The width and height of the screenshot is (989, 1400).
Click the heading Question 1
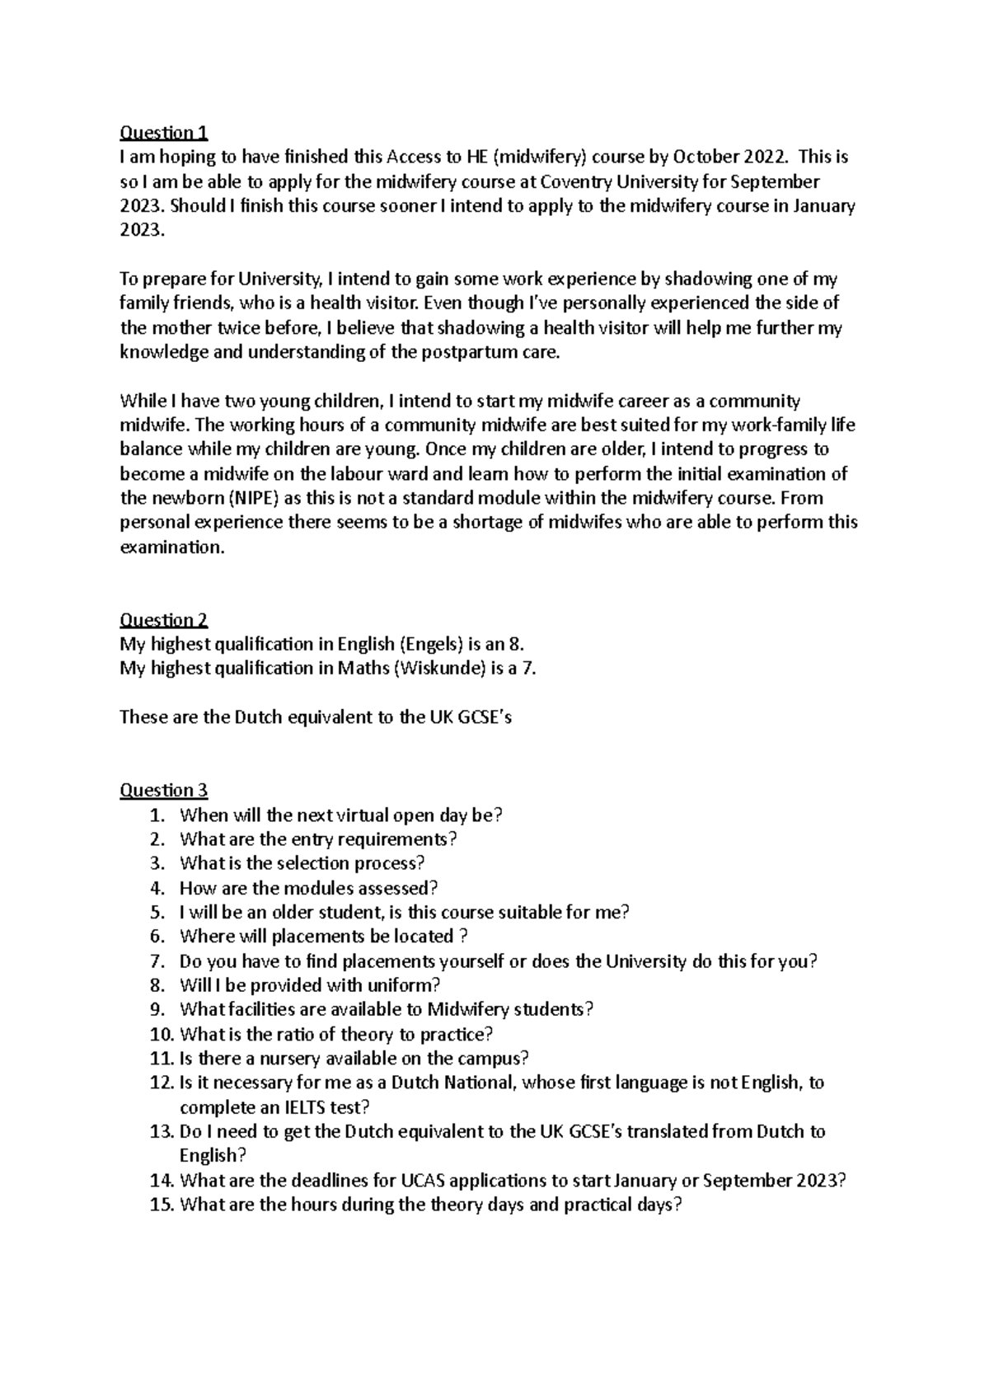click(164, 133)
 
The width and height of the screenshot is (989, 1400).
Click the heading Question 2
click(164, 620)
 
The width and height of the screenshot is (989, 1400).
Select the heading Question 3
click(164, 791)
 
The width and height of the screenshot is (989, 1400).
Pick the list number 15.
click(162, 1205)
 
